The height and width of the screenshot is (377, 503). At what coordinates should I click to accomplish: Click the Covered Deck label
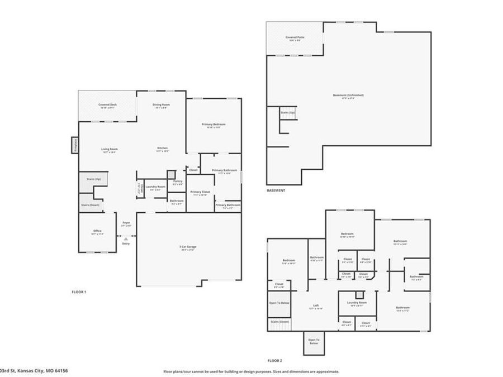pyautogui.click(x=107, y=104)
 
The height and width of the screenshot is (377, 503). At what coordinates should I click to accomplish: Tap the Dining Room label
pyautogui.click(x=162, y=104)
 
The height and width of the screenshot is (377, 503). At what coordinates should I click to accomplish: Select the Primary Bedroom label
pyautogui.click(x=214, y=124)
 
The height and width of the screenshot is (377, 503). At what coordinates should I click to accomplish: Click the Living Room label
pyautogui.click(x=110, y=149)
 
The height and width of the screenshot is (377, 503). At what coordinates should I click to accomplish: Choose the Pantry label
pyautogui.click(x=178, y=181)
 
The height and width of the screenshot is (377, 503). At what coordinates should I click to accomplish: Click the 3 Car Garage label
pyautogui.click(x=188, y=246)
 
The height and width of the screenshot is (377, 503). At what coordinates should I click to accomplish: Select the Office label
pyautogui.click(x=97, y=231)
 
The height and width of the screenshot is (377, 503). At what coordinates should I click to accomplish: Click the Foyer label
pyautogui.click(x=126, y=222)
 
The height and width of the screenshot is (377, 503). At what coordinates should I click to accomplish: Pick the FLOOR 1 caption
pyautogui.click(x=79, y=292)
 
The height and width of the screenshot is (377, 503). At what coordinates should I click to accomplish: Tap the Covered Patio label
pyautogui.click(x=294, y=37)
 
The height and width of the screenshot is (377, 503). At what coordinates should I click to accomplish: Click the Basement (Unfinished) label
pyautogui.click(x=348, y=95)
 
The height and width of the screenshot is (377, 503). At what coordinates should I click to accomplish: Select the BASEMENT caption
pyautogui.click(x=276, y=190)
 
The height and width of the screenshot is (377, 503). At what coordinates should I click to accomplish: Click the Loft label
pyautogui.click(x=316, y=306)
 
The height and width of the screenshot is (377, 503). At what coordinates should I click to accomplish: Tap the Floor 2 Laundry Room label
pyautogui.click(x=357, y=302)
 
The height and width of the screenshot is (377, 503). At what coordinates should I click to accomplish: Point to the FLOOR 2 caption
pyautogui.click(x=274, y=360)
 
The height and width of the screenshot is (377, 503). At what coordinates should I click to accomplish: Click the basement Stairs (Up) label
pyautogui.click(x=288, y=112)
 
